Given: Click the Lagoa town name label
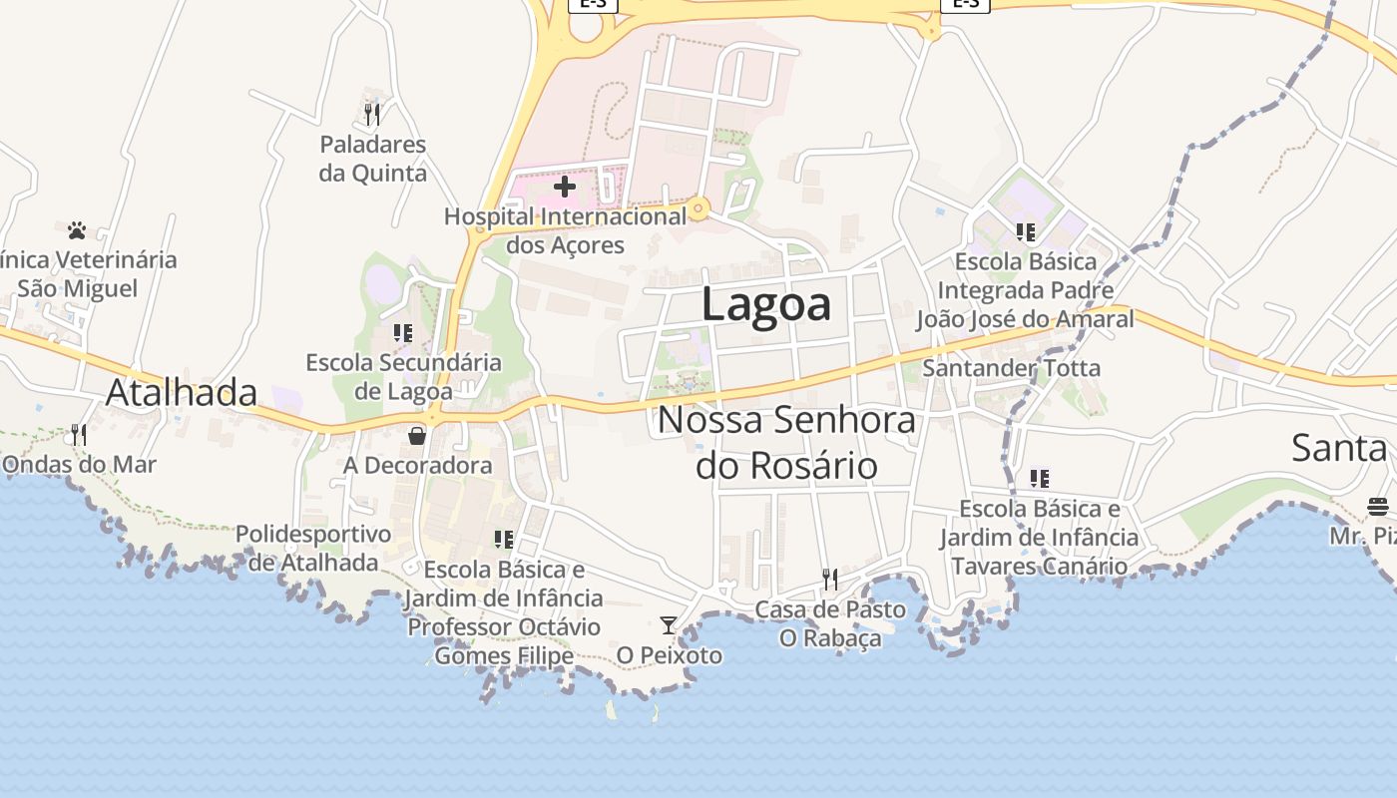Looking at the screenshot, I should [x=765, y=304].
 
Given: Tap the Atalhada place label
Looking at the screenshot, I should [x=182, y=393].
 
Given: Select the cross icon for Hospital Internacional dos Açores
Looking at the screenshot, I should [x=565, y=187].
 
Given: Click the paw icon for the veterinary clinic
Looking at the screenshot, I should [x=77, y=230].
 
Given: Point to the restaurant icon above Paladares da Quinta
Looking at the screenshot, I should [x=372, y=114].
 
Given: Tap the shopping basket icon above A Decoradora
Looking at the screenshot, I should [x=417, y=436].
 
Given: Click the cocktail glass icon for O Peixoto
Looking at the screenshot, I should [x=669, y=625].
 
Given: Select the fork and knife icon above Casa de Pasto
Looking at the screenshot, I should [x=829, y=579].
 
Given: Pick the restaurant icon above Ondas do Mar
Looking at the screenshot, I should [x=79, y=435].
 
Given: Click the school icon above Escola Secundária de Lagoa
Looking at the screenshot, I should [x=403, y=333].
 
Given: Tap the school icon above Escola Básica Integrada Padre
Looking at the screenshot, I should [x=1025, y=232].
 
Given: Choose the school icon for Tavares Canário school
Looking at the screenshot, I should [x=1039, y=479].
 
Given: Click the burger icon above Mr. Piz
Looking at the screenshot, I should [x=1378, y=507].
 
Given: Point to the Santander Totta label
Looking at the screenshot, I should [x=1011, y=368].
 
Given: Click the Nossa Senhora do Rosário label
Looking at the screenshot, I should [x=786, y=443].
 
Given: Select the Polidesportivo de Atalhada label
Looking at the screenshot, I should [x=313, y=548].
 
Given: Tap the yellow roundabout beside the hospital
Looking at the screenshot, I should [x=698, y=208].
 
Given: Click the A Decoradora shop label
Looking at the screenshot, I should [x=417, y=466].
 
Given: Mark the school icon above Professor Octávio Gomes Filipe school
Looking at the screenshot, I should [x=504, y=540].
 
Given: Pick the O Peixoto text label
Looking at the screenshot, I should [x=670, y=655].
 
